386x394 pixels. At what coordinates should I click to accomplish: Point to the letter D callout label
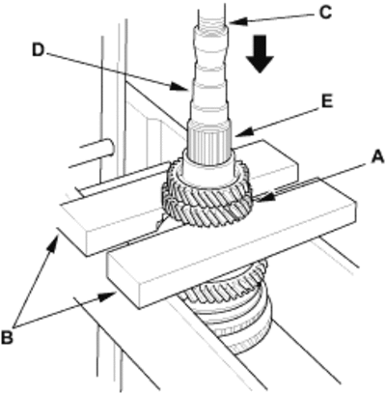(39, 50)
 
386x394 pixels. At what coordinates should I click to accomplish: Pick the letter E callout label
(327, 102)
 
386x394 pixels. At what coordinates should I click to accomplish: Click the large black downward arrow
(261, 54)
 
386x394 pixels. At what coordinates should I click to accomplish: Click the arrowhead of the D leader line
(179, 87)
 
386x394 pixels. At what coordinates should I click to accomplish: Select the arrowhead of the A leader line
(263, 197)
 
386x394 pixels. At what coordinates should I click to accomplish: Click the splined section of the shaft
(209, 142)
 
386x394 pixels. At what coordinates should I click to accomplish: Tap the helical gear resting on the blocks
(207, 193)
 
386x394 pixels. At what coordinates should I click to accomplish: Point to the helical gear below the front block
(225, 283)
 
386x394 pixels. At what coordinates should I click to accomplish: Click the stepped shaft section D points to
(209, 77)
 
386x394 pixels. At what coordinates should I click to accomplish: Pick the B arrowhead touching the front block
(108, 296)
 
